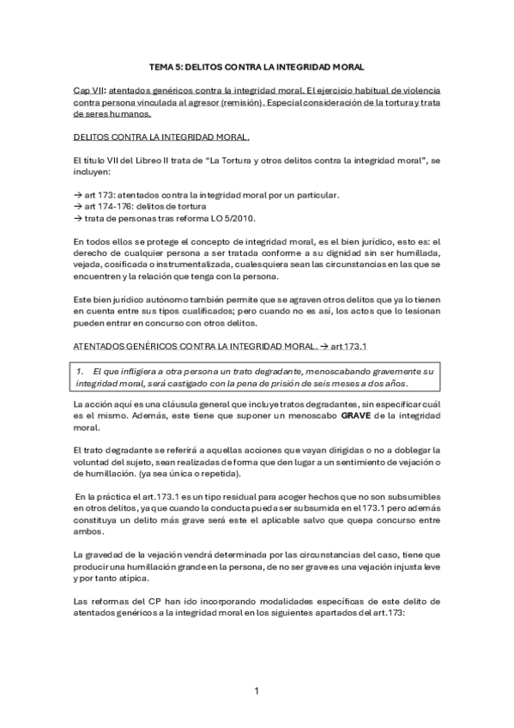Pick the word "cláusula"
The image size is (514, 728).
point(177,403)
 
